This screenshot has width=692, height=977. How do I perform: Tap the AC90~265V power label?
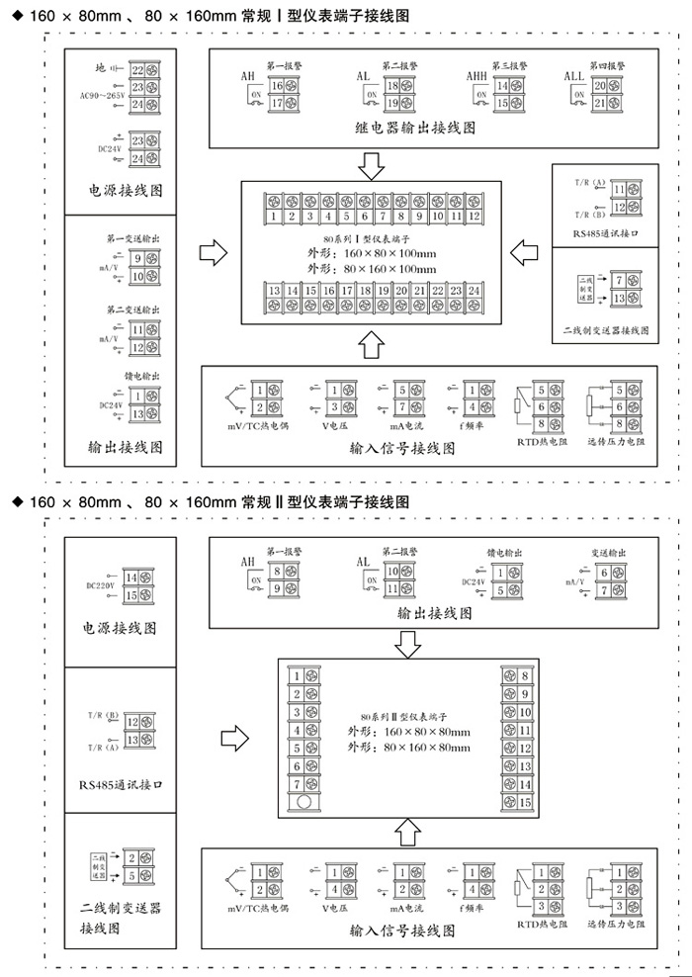tap(101, 95)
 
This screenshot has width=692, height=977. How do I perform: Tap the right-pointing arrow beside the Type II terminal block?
tap(233, 738)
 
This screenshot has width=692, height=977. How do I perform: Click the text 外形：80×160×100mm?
tap(371, 269)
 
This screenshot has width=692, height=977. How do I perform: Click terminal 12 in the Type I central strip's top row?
tap(475, 216)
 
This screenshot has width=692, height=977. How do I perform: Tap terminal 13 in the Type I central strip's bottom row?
tap(273, 291)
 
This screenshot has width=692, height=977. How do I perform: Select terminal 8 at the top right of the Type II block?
tap(525, 677)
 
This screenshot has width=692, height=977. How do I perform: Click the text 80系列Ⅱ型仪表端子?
tap(404, 715)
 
